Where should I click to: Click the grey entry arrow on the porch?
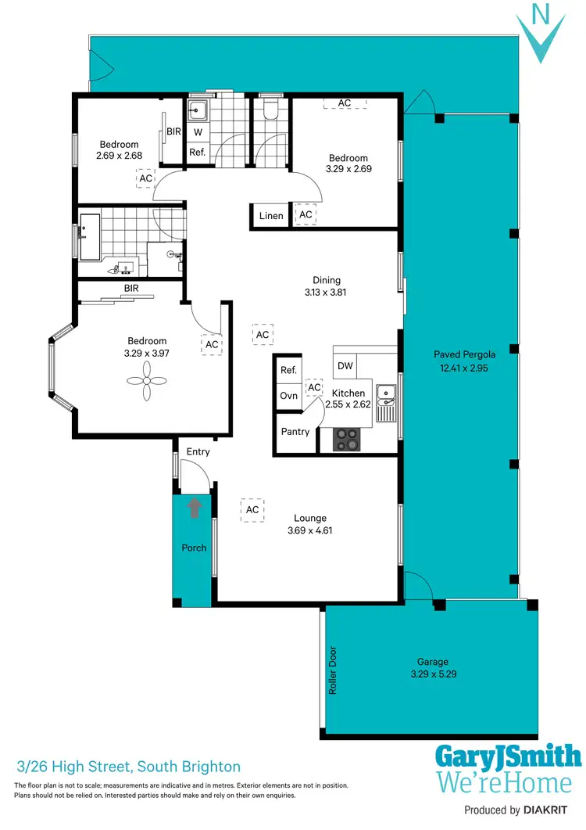[x=194, y=508]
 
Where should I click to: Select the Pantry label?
[x=295, y=432]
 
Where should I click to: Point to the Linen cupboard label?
[x=270, y=216]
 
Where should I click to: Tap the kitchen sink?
[x=385, y=400]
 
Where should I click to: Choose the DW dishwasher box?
[x=345, y=365]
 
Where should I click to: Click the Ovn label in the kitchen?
[x=288, y=396]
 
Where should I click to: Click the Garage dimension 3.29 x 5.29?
[x=432, y=674]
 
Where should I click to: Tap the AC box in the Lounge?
[x=252, y=509]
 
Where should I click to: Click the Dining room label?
[x=326, y=280]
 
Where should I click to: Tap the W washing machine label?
[x=198, y=131]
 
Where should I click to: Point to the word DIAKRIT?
[x=553, y=810]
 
